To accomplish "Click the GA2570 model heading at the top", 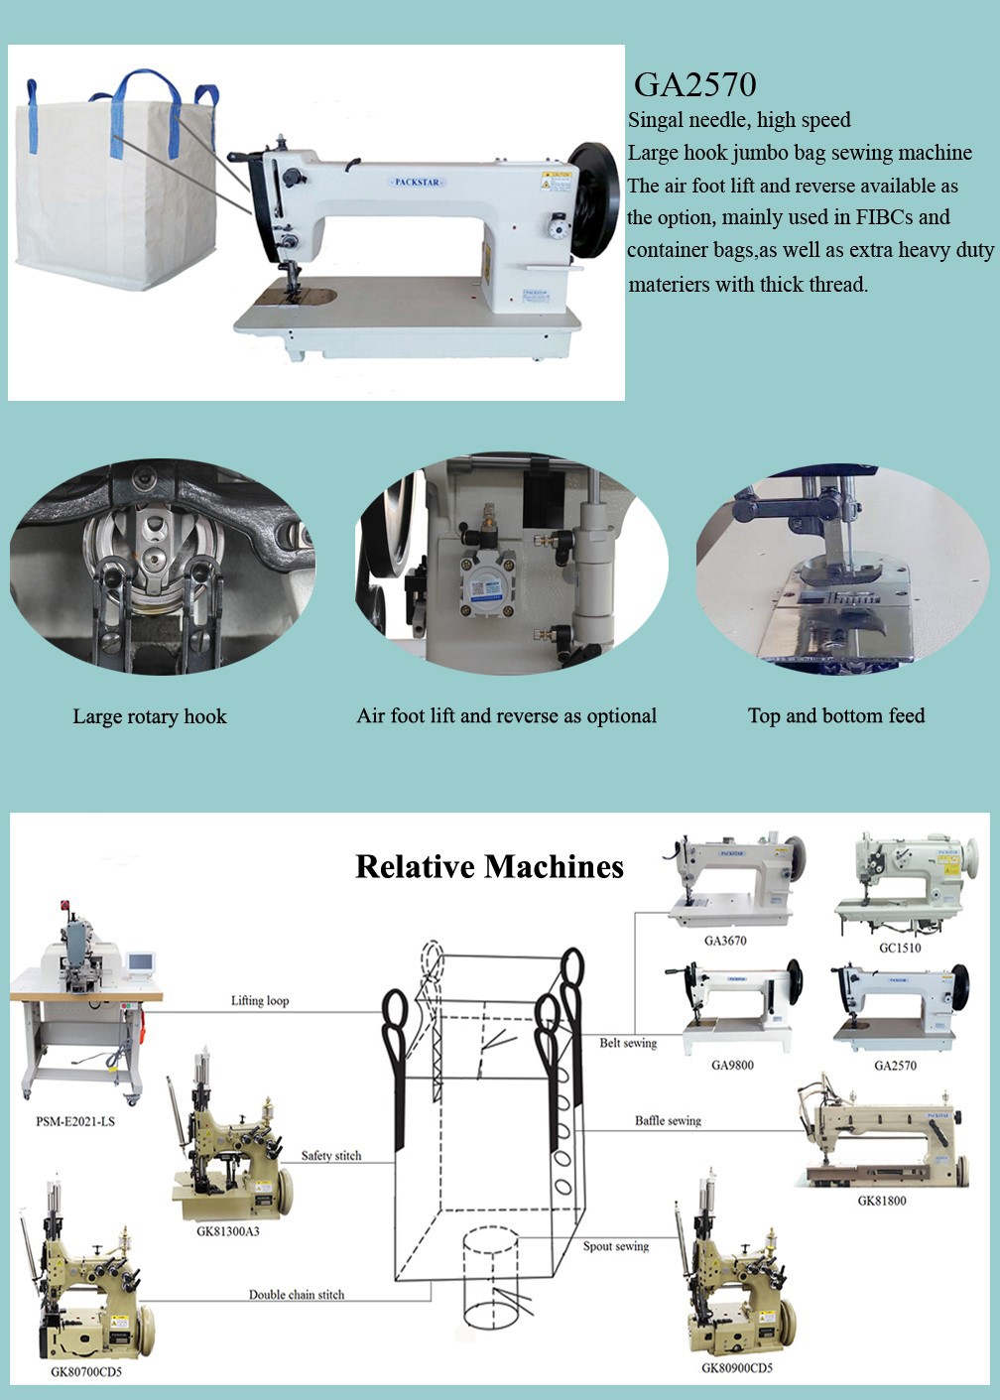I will click(x=694, y=85).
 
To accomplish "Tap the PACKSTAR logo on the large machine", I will click(x=418, y=183).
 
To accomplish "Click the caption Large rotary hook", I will click(x=150, y=717).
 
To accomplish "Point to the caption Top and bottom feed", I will click(x=836, y=716).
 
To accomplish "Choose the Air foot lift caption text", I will click(x=506, y=716).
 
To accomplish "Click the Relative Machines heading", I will click(x=489, y=867).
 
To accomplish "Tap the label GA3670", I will click(x=725, y=941).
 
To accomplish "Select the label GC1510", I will click(x=900, y=948).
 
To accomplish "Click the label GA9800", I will click(x=732, y=1066).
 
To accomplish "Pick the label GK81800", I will click(x=882, y=1201).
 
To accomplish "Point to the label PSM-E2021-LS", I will click(x=75, y=1122).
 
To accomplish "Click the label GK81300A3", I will click(x=228, y=1231).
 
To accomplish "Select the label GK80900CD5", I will click(x=737, y=1368).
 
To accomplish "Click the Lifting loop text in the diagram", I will click(x=260, y=1001).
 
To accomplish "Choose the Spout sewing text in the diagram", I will click(x=616, y=1246).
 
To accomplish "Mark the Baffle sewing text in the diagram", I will click(x=668, y=1121).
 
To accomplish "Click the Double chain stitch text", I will click(x=297, y=1295).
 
